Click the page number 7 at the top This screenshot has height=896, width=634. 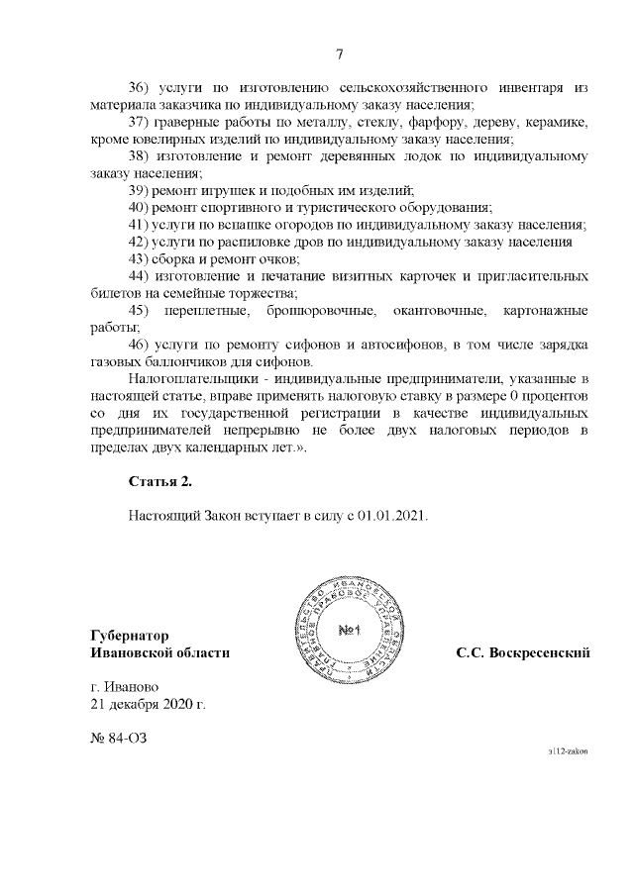pos(339,54)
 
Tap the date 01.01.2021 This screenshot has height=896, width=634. pos(393,516)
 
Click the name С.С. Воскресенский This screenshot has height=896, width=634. pos(523,652)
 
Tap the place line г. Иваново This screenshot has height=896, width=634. pos(124,687)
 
